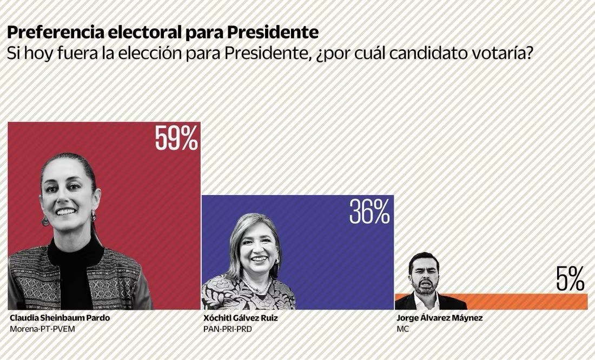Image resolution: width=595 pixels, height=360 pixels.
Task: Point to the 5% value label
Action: click(570, 279)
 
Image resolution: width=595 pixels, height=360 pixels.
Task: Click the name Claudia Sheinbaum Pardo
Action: click(59, 318)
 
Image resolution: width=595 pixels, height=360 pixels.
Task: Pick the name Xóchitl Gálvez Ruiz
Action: click(240, 318)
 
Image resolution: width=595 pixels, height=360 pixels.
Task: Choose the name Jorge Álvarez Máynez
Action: click(439, 318)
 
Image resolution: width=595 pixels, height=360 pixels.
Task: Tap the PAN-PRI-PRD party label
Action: click(227, 329)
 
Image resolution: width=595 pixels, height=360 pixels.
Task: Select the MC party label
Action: click(402, 329)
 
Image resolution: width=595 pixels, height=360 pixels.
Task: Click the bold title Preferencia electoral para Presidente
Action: click(163, 32)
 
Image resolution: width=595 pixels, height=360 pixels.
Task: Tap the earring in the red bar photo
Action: click(45, 221)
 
